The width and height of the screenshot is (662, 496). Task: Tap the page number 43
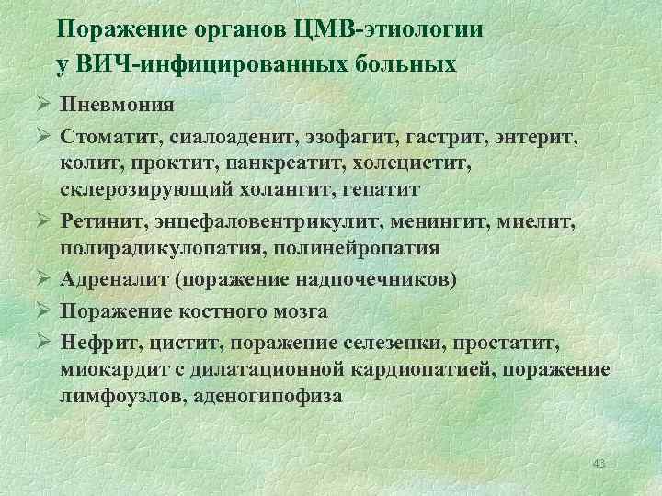(x=599, y=461)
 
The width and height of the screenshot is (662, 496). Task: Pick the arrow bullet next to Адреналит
(x=40, y=280)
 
